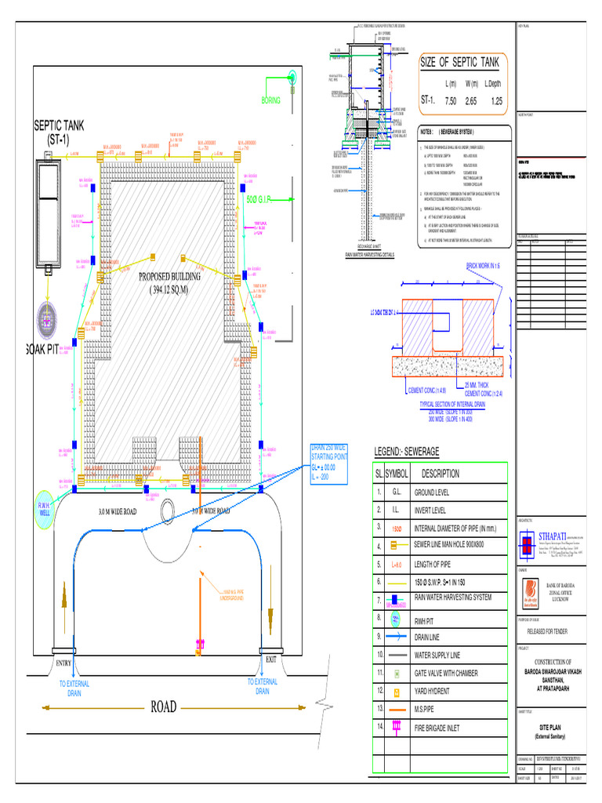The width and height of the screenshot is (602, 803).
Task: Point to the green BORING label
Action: [x=270, y=100]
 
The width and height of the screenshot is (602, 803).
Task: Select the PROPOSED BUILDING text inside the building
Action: [x=169, y=277]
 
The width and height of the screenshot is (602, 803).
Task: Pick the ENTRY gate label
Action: [x=63, y=663]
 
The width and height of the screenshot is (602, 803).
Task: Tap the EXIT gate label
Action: [x=271, y=659]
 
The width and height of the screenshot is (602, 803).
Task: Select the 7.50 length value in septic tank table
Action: [x=451, y=101]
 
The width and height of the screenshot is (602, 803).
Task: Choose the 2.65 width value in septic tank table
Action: [x=470, y=101]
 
